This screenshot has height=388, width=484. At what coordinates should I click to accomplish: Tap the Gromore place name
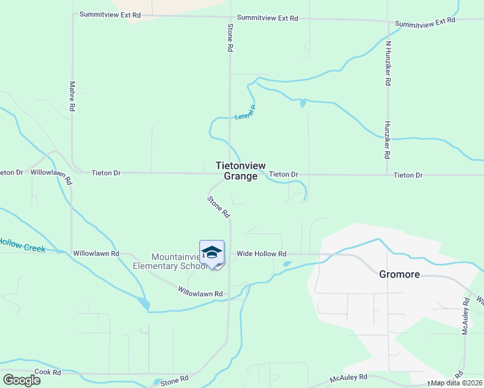coord(399,274)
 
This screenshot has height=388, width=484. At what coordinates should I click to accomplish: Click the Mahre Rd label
coord(72,98)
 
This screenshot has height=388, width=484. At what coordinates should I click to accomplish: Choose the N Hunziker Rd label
coord(388,64)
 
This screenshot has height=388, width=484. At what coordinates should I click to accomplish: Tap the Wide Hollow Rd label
coord(261,254)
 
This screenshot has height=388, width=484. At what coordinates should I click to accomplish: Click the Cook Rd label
coord(48,372)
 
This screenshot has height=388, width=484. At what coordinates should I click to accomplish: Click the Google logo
coord(21,380)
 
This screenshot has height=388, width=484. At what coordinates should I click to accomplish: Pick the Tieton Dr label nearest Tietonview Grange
coord(283,175)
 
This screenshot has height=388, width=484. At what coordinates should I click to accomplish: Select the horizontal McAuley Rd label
coord(348,376)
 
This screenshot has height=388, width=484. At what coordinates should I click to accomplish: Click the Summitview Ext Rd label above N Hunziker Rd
coord(425,22)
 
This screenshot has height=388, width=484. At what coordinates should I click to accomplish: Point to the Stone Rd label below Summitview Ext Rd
coord(230,38)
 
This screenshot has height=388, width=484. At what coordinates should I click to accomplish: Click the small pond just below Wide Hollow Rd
coord(287,264)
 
